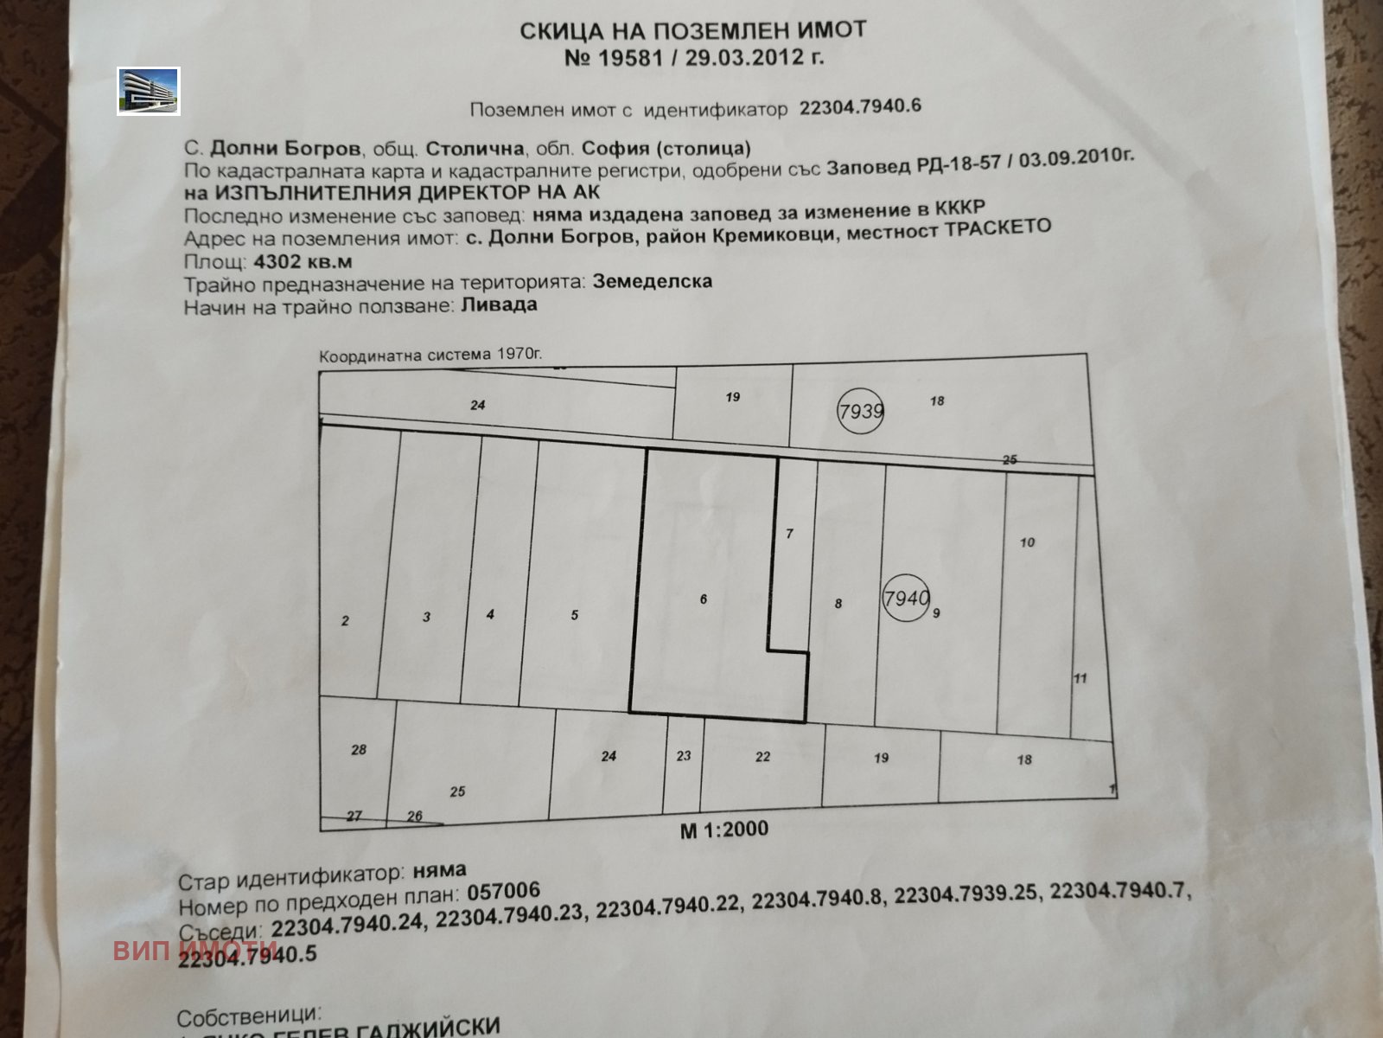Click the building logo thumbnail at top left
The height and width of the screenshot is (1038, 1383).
tap(149, 91)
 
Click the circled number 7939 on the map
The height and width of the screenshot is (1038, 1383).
tap(861, 411)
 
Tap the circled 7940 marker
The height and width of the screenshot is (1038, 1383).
tap(907, 597)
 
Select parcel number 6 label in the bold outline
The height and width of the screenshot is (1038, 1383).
tap(704, 599)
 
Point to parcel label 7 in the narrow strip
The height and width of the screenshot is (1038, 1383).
tap(789, 534)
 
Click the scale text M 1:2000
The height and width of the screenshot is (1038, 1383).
tap(723, 830)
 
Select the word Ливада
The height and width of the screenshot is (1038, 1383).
tap(500, 304)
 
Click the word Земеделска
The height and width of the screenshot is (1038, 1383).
tap(653, 281)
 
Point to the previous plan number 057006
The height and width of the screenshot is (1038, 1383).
tap(503, 890)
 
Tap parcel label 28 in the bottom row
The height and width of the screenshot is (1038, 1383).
tap(359, 749)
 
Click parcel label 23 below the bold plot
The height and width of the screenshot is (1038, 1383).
tap(684, 755)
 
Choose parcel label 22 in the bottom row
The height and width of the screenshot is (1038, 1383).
tap(762, 756)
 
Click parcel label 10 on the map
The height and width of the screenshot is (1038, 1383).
tap(1027, 542)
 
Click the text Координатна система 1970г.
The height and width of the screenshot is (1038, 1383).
tap(435, 355)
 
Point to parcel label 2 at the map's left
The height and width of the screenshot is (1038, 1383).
tap(345, 620)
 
